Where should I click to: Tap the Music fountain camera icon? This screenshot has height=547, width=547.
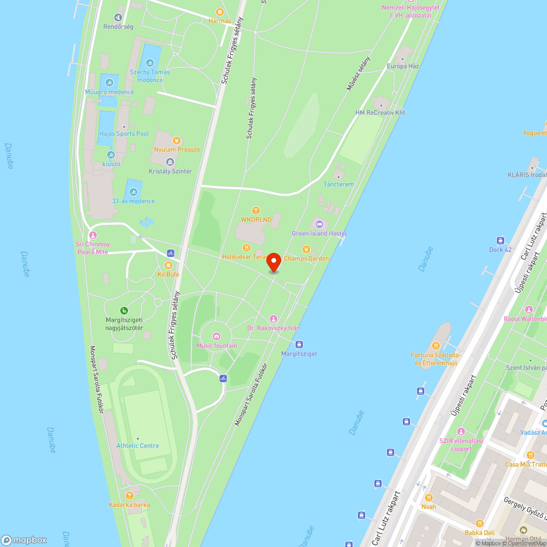[x=217, y=336]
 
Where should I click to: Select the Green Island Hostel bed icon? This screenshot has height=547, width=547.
[x=319, y=224]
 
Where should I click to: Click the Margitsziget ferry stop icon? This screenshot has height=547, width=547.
[x=299, y=344]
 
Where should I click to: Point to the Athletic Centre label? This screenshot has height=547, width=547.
[x=137, y=445]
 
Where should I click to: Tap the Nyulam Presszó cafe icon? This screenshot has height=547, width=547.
[x=177, y=141]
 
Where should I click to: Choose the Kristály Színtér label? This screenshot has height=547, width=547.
[x=170, y=171]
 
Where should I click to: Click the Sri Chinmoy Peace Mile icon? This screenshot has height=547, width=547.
[x=92, y=235]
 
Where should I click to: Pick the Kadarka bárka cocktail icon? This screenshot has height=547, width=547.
[x=129, y=496]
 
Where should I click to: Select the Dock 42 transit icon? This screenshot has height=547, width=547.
[x=500, y=241]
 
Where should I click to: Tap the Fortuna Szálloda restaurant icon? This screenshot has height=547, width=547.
[x=435, y=345]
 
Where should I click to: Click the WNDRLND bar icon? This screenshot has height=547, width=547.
[x=255, y=211]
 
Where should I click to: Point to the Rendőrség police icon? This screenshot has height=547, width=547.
[x=118, y=18]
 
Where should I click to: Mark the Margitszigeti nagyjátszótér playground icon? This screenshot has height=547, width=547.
[x=124, y=311]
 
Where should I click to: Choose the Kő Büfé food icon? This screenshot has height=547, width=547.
[x=168, y=265]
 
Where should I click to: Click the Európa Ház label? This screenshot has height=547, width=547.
[x=403, y=66]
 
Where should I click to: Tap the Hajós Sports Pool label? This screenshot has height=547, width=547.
[x=124, y=133]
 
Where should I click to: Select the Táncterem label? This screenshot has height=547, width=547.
[x=339, y=184]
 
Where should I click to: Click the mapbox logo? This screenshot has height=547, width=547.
[x=24, y=540]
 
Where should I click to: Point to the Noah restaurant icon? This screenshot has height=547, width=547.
[x=429, y=498]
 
